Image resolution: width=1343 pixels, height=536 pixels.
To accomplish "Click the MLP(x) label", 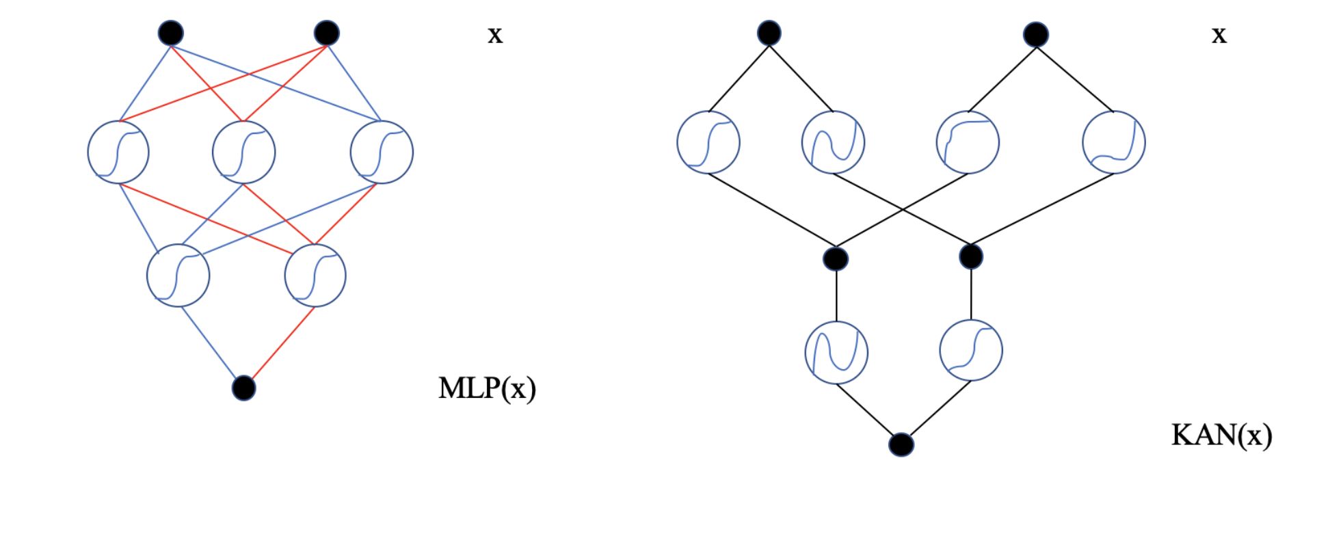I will click(487, 388).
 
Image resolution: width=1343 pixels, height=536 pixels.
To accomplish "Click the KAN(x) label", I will click(1221, 435).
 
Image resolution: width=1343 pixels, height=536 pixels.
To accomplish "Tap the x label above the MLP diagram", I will click(495, 35).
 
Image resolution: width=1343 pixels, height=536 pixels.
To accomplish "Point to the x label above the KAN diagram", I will click(1219, 35).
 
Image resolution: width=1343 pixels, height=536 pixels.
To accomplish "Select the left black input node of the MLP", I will click(171, 32).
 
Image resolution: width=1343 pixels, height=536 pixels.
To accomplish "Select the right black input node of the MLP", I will click(327, 32).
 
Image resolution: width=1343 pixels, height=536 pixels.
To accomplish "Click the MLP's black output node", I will click(243, 388).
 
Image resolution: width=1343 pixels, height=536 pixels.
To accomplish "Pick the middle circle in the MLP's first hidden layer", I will click(243, 152).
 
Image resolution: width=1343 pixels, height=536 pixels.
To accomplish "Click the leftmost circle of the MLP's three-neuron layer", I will click(118, 152).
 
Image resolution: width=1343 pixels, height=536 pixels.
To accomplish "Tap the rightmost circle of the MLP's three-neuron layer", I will click(382, 152).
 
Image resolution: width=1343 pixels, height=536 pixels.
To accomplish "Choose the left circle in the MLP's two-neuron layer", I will click(178, 275).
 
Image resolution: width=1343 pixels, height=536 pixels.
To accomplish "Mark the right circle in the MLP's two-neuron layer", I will click(315, 275).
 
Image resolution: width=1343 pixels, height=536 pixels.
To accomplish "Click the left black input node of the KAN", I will click(769, 32).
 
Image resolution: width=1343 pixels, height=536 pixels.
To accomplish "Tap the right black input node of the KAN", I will click(1036, 34).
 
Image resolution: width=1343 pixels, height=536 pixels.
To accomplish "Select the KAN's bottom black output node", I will click(901, 444).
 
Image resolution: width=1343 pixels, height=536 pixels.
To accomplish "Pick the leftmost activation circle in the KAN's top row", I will click(708, 142).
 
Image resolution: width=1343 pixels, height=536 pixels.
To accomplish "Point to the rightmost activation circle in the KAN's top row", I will click(1113, 142).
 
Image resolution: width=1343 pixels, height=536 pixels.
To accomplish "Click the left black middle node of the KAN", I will click(836, 258).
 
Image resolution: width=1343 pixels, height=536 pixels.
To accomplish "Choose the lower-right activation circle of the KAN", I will click(971, 350).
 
